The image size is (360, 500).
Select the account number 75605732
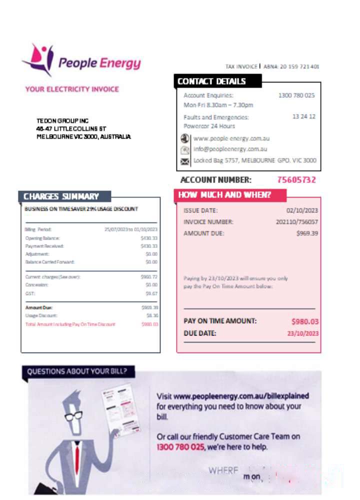tap(296, 180)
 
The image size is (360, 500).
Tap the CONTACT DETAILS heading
tap(212, 81)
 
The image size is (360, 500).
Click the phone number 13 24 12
tap(303, 116)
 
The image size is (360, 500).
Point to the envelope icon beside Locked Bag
tap(185, 161)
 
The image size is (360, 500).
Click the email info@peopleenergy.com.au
tap(230, 149)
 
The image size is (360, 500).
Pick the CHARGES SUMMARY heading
tap(61, 196)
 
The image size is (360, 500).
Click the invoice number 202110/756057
tap(297, 222)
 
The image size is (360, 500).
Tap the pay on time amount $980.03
tap(305, 321)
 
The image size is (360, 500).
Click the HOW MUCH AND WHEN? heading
tap(225, 195)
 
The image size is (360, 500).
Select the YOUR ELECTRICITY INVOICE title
tap(72, 89)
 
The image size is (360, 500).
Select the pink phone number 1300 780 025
tap(180, 446)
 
